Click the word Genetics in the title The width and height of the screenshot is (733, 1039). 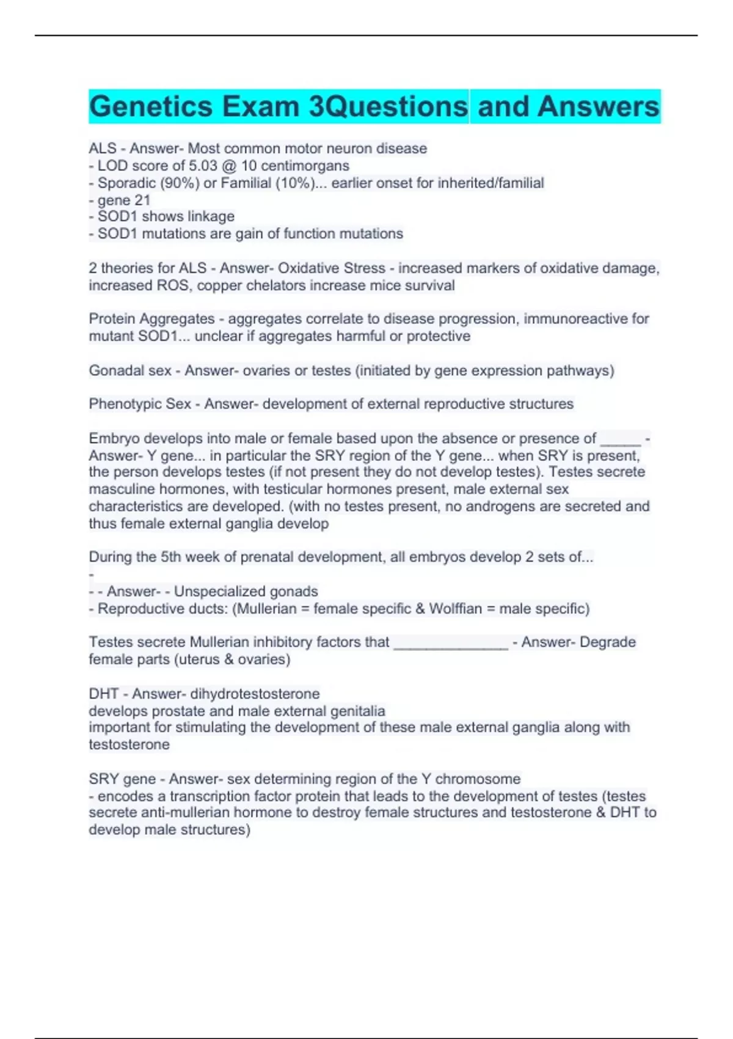point(150,106)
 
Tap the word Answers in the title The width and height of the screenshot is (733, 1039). point(599,106)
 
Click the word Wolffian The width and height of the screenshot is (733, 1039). point(455,609)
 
